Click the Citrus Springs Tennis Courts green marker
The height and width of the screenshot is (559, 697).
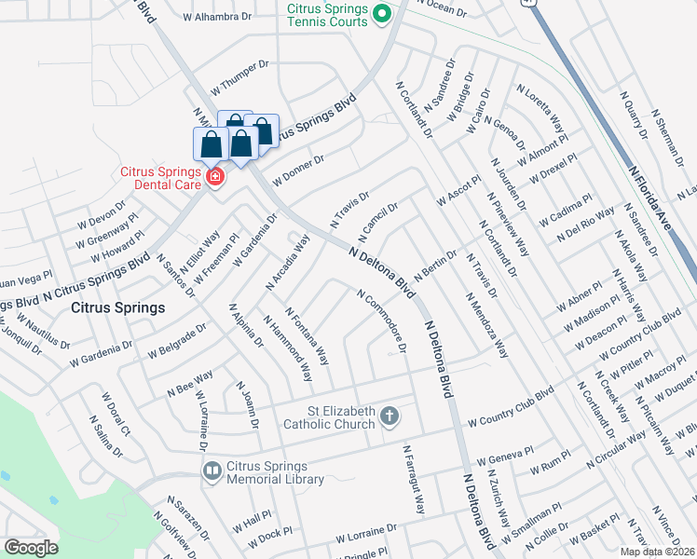tap(380, 15)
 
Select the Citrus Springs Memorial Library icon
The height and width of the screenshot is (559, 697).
tap(212, 471)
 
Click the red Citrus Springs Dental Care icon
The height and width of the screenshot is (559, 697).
tap(215, 176)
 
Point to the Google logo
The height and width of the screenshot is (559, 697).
tap(31, 547)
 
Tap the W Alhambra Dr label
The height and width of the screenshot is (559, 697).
tap(218, 17)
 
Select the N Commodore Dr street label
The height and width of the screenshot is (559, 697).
tap(383, 320)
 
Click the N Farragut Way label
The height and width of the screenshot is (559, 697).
tap(414, 479)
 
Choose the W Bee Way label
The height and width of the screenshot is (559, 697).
tap(189, 381)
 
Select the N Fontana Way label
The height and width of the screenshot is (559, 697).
tap(307, 336)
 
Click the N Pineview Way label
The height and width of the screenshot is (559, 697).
tap(508, 224)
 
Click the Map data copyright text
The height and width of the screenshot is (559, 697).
tap(657, 552)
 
